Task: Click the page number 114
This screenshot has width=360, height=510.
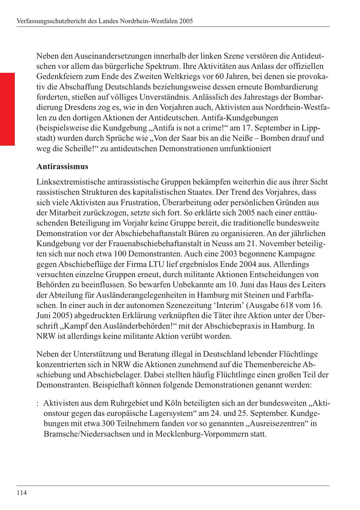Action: coord(22,492)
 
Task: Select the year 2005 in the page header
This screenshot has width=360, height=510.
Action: coord(186,21)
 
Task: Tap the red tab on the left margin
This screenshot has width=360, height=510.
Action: coord(7,109)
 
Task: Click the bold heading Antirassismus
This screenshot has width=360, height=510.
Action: coord(62,166)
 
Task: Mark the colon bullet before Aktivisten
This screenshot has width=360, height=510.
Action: coord(38,403)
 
